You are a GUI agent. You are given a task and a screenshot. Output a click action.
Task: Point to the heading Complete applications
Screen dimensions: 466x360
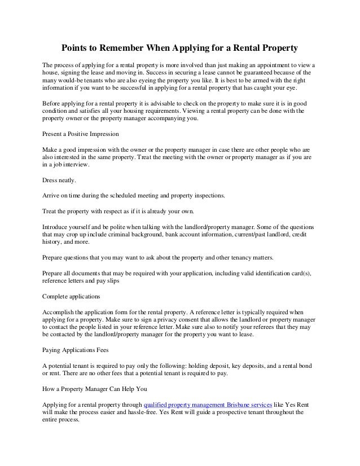click(71, 296)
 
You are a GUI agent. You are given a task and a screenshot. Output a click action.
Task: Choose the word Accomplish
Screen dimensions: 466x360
click(60, 311)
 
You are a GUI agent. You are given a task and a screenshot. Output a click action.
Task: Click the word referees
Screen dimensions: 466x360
click(269, 328)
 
